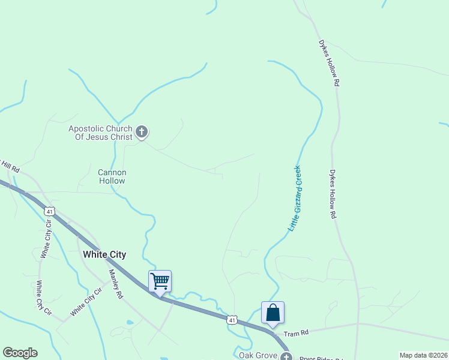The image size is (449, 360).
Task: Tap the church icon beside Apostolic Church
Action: tap(142, 132)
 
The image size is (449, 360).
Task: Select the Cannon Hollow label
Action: tap(112, 176)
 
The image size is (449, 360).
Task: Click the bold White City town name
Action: tap(104, 254)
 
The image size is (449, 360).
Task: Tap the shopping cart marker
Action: tap(160, 280)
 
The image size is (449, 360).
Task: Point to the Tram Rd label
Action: tap(295, 333)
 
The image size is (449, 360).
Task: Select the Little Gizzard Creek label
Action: tap(295, 199)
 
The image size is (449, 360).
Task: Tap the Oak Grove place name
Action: tap(258, 355)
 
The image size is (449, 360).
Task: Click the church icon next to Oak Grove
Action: tap(286, 356)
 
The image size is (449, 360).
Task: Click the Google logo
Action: tap(20, 353)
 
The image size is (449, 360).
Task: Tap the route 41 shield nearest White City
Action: tap(50, 211)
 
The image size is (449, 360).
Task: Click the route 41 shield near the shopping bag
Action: tap(232, 319)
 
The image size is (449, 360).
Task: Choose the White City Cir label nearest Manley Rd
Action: tap(86, 302)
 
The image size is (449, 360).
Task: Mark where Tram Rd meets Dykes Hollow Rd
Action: tap(358, 323)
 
